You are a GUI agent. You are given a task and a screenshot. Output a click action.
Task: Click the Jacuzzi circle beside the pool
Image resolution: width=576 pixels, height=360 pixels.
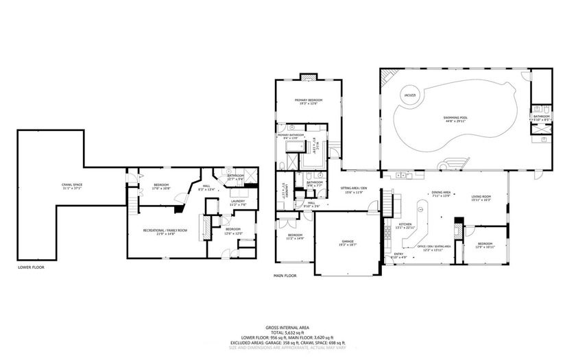[x=408, y=95]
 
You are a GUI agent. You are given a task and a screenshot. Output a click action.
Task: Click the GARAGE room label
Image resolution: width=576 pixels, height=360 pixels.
[x=348, y=241]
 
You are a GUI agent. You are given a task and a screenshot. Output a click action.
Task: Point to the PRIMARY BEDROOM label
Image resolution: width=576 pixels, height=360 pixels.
[x=309, y=101]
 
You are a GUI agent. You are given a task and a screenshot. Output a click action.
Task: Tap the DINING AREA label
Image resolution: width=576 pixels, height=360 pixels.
[x=441, y=193]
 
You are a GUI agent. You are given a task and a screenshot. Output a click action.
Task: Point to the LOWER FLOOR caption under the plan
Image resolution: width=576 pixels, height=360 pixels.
[x=31, y=267]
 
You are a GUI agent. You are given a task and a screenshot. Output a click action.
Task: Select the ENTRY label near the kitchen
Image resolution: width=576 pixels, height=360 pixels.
[x=398, y=254]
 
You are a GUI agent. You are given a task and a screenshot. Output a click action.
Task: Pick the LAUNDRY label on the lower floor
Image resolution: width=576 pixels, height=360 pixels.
[x=238, y=201]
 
